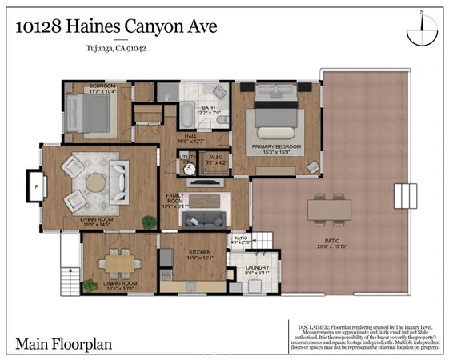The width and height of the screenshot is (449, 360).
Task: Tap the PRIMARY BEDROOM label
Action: [x=277, y=147]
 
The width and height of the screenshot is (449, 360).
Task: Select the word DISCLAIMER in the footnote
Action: [x=315, y=326]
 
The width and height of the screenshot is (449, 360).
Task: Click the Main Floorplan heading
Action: [x=64, y=346]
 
